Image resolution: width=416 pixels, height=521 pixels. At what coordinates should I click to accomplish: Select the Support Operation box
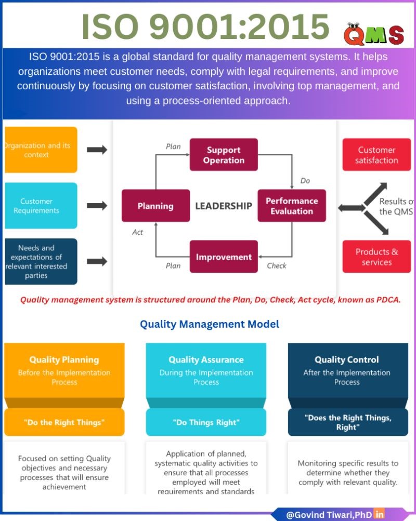pyautogui.click(x=224, y=155)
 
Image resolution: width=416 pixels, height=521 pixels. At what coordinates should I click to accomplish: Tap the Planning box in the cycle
pyautogui.click(x=155, y=206)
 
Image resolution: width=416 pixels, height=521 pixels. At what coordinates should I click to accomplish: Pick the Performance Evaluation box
pyautogui.click(x=292, y=206)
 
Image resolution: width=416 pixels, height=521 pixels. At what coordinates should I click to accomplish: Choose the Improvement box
pyautogui.click(x=224, y=257)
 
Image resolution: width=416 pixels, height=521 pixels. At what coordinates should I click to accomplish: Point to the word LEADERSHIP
pyautogui.click(x=224, y=206)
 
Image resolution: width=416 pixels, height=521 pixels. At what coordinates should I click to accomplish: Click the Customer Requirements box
pyautogui.click(x=41, y=206)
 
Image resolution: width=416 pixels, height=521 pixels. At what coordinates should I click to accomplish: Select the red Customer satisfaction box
pyautogui.click(x=376, y=155)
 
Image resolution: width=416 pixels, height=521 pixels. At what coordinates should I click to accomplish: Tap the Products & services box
pyautogui.click(x=376, y=257)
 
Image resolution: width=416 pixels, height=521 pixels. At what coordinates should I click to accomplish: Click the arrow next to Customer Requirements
pyautogui.click(x=97, y=206)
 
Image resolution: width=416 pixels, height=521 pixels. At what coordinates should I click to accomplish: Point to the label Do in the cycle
pyautogui.click(x=305, y=181)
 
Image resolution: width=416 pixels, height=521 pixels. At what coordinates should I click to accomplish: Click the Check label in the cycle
pyautogui.click(x=277, y=265)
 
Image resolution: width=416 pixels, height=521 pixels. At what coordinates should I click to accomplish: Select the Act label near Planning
pyautogui.click(x=137, y=232)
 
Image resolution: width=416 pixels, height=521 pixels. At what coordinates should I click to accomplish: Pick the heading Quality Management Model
pyautogui.click(x=210, y=324)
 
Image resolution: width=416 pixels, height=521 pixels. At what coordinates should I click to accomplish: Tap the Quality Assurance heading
pyautogui.click(x=206, y=359)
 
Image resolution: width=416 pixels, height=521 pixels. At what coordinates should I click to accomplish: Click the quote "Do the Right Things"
pyautogui.click(x=64, y=422)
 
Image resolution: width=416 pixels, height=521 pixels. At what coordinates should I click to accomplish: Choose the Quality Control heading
pyautogui.click(x=347, y=359)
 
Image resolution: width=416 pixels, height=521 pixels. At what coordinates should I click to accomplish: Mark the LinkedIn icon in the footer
pyautogui.click(x=380, y=514)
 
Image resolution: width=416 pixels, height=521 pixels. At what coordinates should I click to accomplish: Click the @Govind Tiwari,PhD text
pyautogui.click(x=329, y=515)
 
